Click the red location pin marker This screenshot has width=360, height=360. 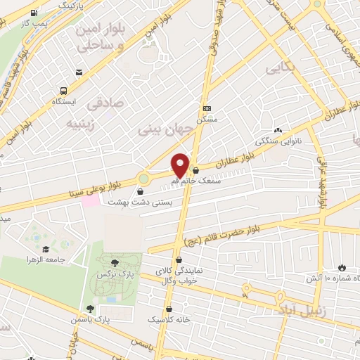coord(181,164)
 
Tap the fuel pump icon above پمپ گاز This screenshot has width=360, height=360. coord(35,13)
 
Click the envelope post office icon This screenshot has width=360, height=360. coord(79,72)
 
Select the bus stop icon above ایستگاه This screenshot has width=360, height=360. coord(64,91)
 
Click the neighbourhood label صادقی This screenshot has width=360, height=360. coord(104,103)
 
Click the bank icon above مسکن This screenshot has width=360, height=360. coord(207,109)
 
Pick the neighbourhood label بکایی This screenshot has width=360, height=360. coord(278,67)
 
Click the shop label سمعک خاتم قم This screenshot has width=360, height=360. coord(197,181)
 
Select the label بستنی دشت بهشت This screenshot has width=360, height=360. coord(139,202)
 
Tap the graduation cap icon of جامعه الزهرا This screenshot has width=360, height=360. coord(46,249)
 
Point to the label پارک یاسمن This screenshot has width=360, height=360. coord(89,319)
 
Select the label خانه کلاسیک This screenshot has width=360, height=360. coord(169,319)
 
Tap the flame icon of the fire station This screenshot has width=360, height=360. coord(342,268)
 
